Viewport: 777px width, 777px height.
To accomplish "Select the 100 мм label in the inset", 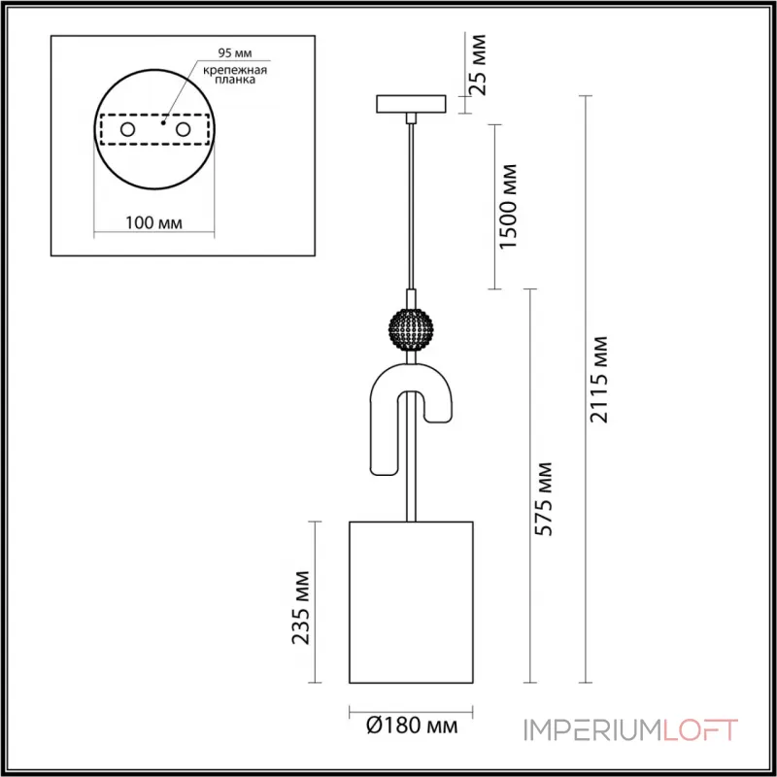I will tap(154, 223).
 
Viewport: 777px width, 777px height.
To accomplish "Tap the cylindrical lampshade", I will tap(410, 602).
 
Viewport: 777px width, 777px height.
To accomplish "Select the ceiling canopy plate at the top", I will tap(410, 103).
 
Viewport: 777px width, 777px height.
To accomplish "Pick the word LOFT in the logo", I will tap(700, 729).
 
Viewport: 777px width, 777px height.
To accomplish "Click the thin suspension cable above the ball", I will tap(412, 204).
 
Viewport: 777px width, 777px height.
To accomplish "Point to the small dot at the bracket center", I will tap(163, 123).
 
